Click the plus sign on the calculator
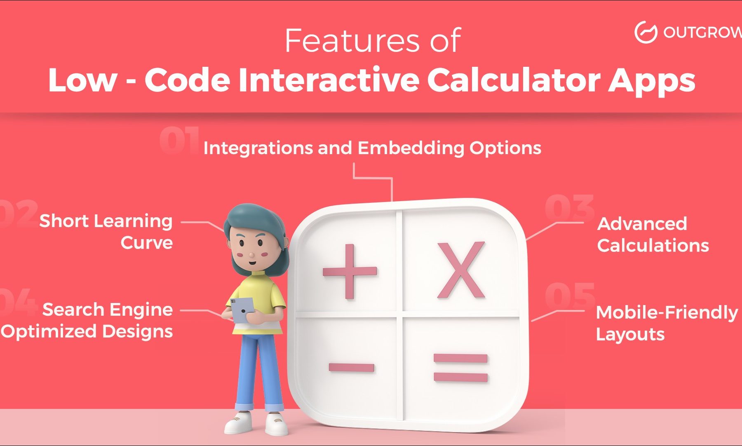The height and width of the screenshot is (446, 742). tap(350, 271)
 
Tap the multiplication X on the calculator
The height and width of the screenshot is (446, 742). tap(461, 270)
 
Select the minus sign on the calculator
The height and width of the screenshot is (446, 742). tap(352, 367)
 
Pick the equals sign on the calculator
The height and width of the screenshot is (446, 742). tap(461, 368)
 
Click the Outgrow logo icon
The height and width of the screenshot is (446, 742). tap(646, 32)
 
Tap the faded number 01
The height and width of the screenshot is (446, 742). tap(180, 141)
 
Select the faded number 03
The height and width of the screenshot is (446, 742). tap(569, 207)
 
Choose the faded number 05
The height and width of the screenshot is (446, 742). tap(570, 296)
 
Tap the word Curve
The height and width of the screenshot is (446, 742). tap(147, 243)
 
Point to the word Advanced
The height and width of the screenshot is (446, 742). tap(642, 224)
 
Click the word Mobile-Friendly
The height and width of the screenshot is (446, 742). tap(667, 313)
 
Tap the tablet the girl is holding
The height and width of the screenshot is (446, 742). tap(241, 310)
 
